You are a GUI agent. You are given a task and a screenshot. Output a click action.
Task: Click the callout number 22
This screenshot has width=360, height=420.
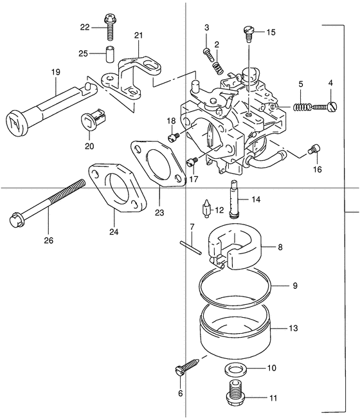click(x=85, y=27)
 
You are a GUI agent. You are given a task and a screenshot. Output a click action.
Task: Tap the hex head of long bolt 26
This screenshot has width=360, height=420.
click(x=17, y=219)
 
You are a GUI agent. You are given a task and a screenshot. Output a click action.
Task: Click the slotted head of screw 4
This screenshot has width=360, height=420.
click(x=333, y=107)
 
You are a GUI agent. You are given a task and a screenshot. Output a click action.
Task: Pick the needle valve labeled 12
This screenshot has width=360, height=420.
click(x=206, y=210)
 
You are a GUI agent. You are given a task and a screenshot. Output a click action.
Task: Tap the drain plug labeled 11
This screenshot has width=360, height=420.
click(x=235, y=393)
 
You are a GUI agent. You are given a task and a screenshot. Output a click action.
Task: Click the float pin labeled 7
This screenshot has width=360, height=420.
click(x=190, y=248)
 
